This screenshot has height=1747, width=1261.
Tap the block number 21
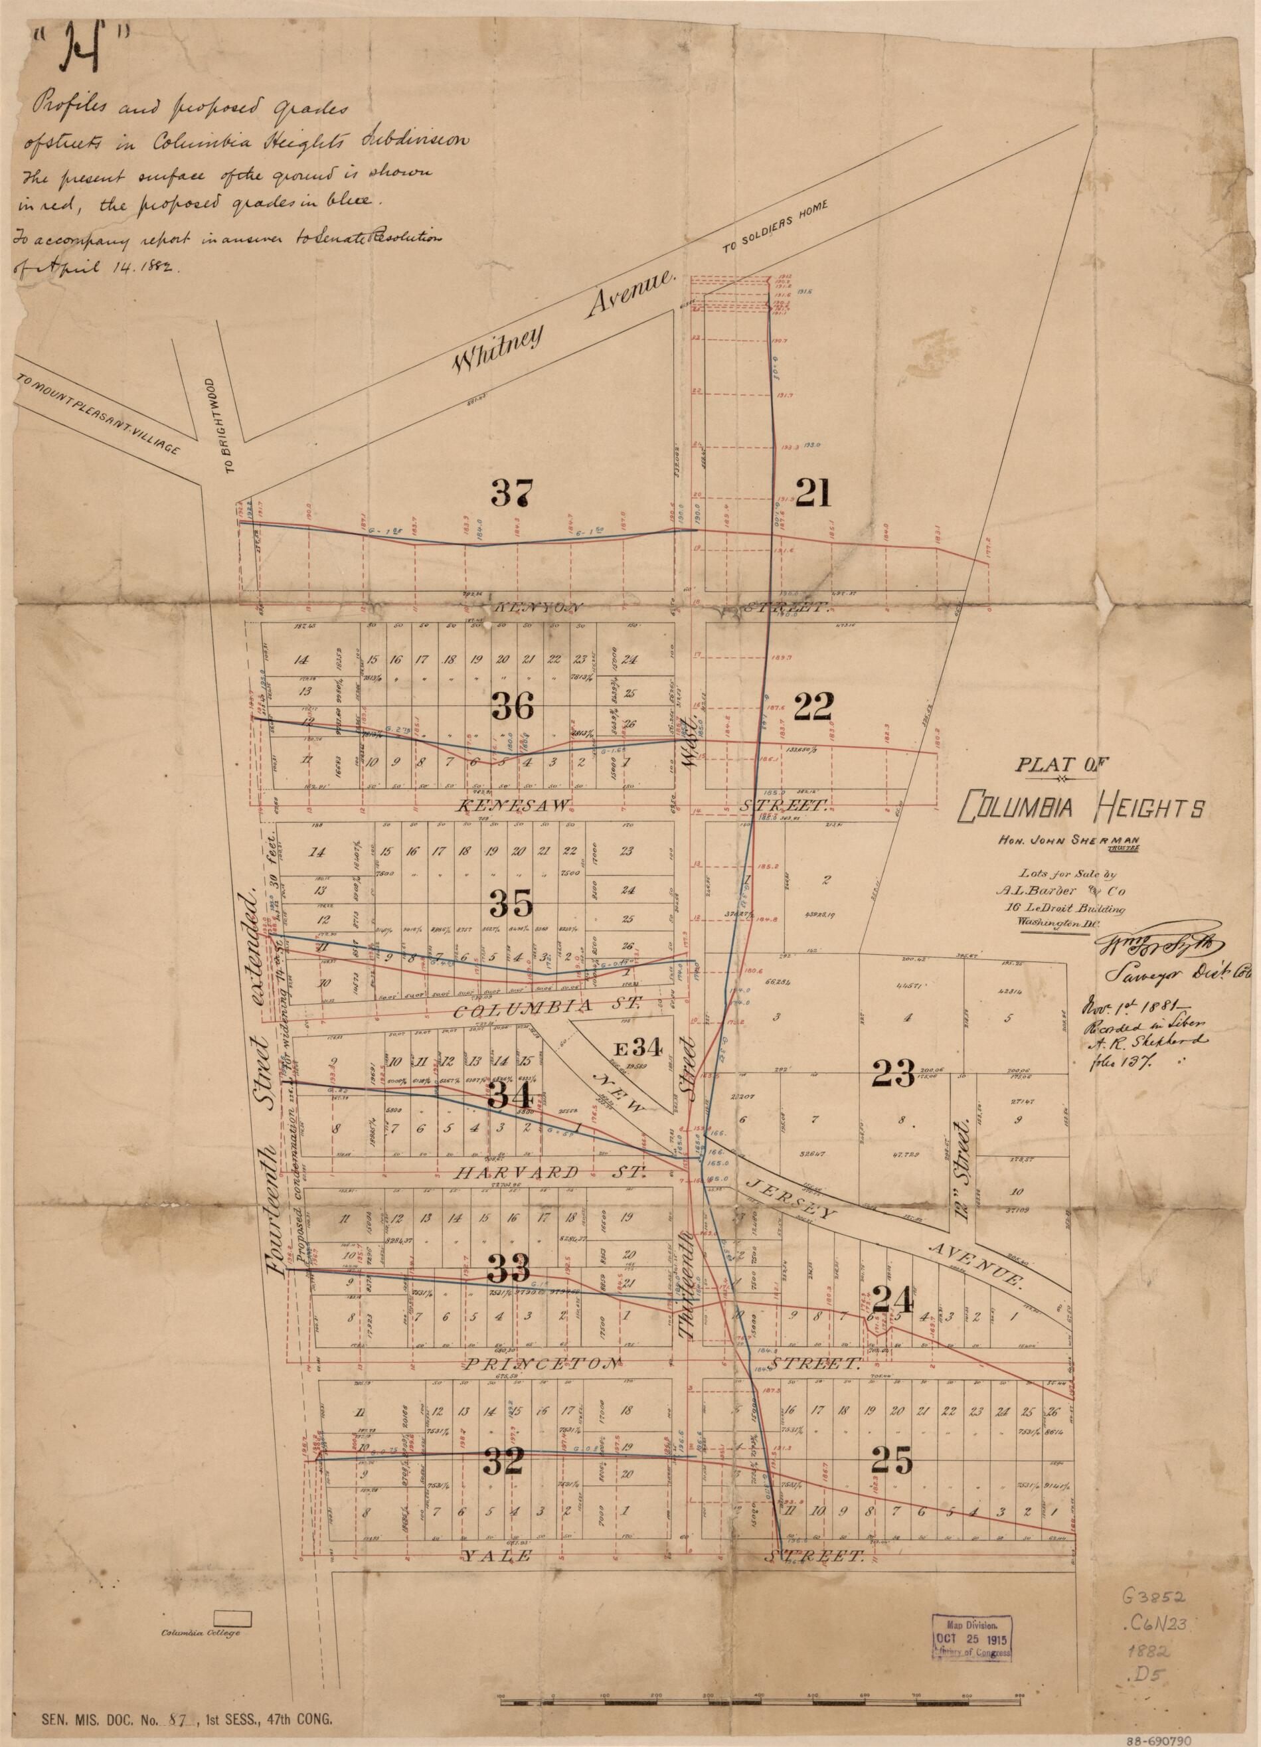click(x=813, y=492)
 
